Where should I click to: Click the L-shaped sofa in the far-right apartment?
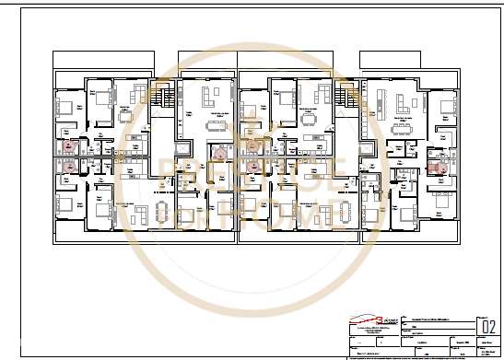pos(402,106)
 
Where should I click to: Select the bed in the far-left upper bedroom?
pos(65,107)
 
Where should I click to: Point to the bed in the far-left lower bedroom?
pos(65,203)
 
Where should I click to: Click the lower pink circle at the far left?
pos(68,167)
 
